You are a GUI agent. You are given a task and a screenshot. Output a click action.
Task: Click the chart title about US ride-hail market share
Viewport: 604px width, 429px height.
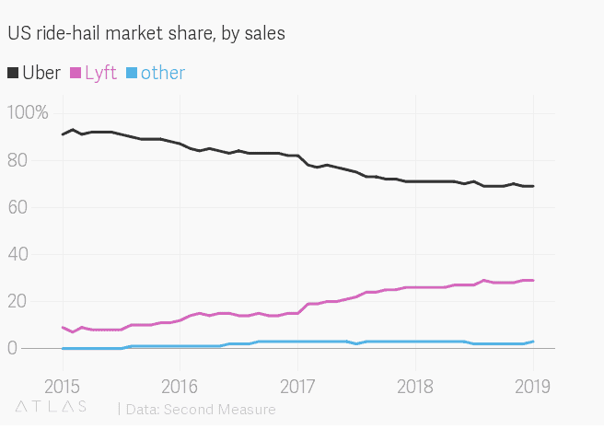coord(146,34)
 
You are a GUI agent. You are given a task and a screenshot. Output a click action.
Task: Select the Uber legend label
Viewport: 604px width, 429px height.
coord(41,73)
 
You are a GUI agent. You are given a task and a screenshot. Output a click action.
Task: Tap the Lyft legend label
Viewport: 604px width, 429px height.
coord(100,73)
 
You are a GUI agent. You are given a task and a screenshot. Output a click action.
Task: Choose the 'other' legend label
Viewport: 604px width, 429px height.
coord(163,73)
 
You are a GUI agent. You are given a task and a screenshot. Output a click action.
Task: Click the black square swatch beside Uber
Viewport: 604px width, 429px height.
coord(13,73)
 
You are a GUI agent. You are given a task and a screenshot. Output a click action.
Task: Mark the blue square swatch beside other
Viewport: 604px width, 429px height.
coord(132,73)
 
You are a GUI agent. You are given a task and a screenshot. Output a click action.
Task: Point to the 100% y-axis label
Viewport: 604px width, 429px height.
coord(28,113)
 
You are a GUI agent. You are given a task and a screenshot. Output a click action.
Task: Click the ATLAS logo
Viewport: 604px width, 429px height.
coord(51,405)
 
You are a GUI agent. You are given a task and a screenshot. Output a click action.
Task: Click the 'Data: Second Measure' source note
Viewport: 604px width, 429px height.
coord(179,406)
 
